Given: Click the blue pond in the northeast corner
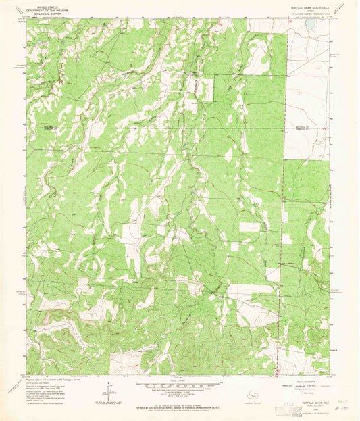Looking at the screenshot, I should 310,24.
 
